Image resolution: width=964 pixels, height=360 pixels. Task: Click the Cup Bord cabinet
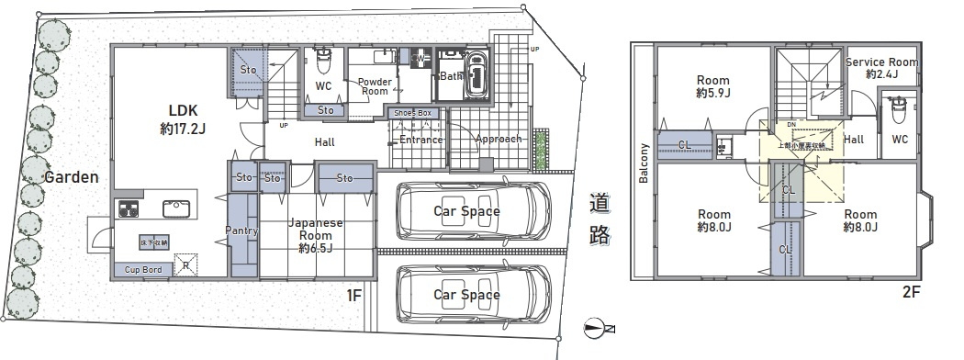pyautogui.click(x=143, y=270)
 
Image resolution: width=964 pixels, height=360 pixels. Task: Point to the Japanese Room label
pyautogui.click(x=316, y=229)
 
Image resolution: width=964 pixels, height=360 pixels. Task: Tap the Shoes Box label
pyautogui.click(x=412, y=113)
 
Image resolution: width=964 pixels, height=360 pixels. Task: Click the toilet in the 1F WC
pyautogui.click(x=323, y=62)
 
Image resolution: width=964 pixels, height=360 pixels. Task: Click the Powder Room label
pyautogui.click(x=374, y=86)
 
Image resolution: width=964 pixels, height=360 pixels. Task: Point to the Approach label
pyautogui.click(x=499, y=140)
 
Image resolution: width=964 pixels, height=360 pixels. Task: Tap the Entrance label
pyautogui.click(x=421, y=141)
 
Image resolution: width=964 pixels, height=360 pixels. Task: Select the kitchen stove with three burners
pyautogui.click(x=128, y=208)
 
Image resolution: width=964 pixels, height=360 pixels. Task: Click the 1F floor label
pyautogui.click(x=355, y=295)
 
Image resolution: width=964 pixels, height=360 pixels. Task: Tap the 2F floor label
pyautogui.click(x=910, y=293)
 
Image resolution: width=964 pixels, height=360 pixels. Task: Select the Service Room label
pyautogui.click(x=881, y=62)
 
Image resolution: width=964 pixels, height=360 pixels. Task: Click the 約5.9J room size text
pyautogui.click(x=712, y=94)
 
